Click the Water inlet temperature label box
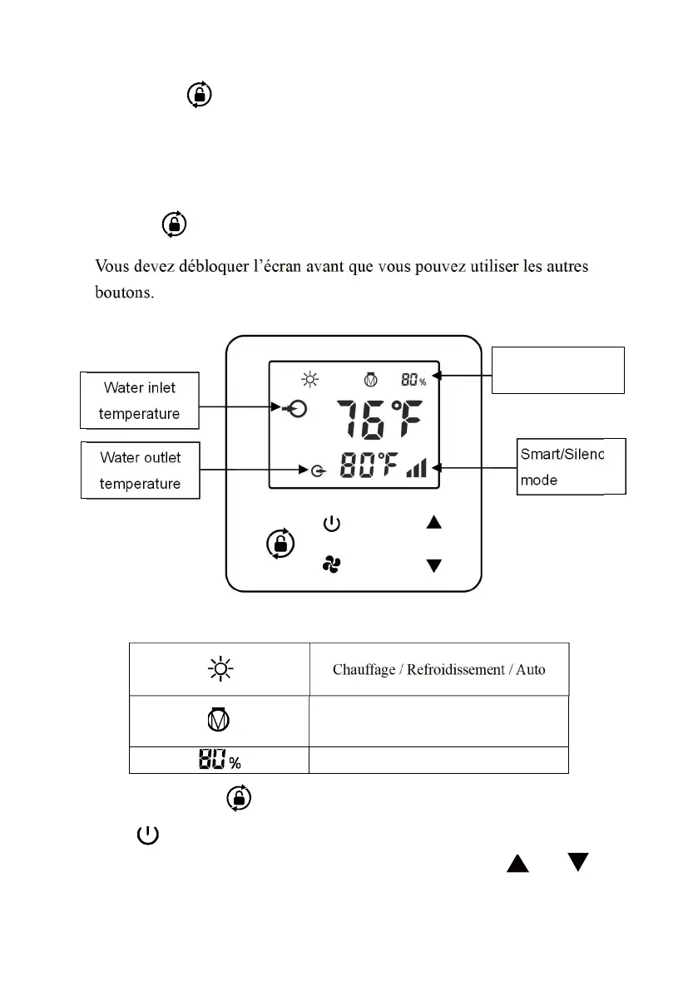(x=140, y=400)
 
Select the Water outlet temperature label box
(x=140, y=470)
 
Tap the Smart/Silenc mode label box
(x=570, y=466)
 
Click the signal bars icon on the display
(x=416, y=469)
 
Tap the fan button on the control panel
(x=331, y=565)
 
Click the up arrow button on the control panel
(x=433, y=523)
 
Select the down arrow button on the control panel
(x=433, y=566)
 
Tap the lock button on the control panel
(x=280, y=544)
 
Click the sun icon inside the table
(x=220, y=669)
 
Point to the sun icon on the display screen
(x=310, y=381)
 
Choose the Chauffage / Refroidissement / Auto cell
(x=438, y=669)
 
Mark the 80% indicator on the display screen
(x=413, y=381)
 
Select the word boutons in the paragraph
(x=123, y=293)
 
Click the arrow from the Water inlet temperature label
(x=237, y=407)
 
